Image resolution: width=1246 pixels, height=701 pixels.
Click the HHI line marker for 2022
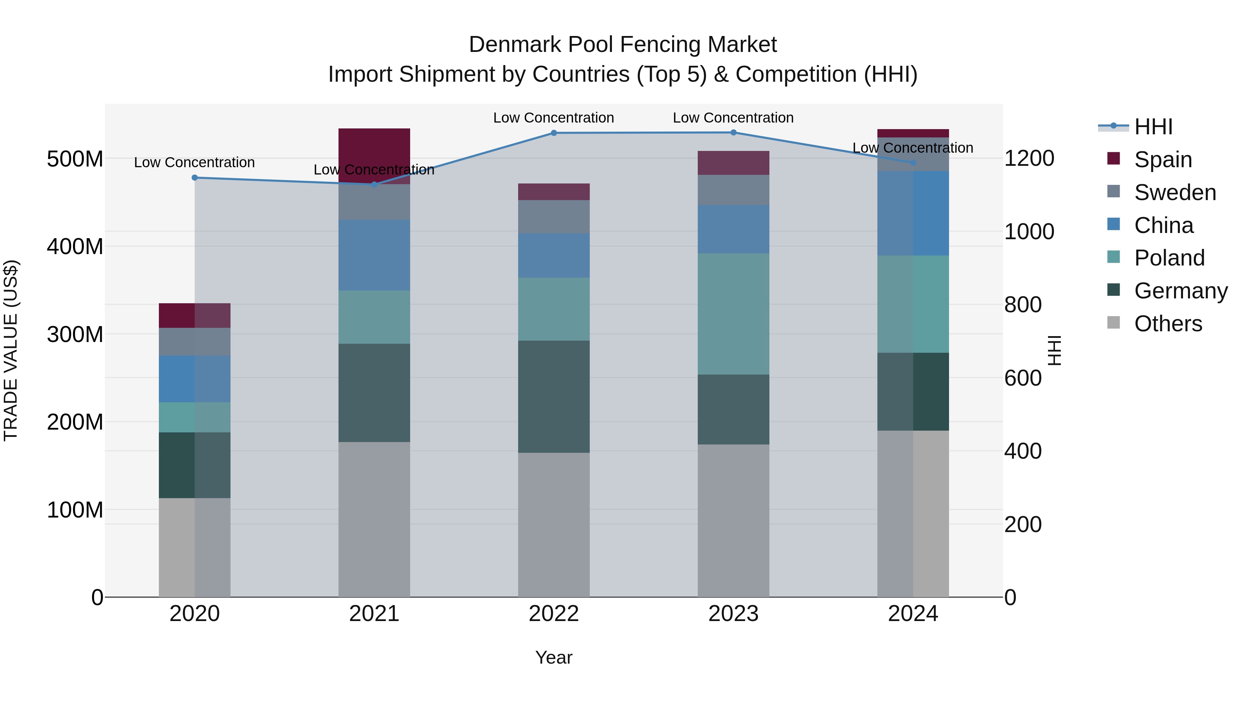[554, 133]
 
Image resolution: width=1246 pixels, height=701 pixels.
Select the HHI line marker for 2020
[195, 178]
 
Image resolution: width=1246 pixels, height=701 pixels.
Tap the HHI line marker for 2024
[913, 163]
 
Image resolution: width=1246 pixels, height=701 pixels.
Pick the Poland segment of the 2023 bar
[733, 314]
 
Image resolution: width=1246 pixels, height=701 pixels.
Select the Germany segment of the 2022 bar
[554, 396]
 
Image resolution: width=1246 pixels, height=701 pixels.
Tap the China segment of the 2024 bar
[913, 213]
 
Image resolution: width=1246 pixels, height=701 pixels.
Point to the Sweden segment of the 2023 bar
[733, 190]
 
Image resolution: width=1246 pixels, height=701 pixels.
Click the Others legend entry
[1168, 324]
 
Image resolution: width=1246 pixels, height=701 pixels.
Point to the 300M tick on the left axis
[75, 334]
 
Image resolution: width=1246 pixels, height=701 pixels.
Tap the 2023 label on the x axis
[733, 614]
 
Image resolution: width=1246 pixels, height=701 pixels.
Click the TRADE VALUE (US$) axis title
[11, 350]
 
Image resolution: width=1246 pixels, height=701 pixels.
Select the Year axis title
[554, 657]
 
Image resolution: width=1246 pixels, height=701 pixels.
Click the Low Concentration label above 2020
[195, 163]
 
